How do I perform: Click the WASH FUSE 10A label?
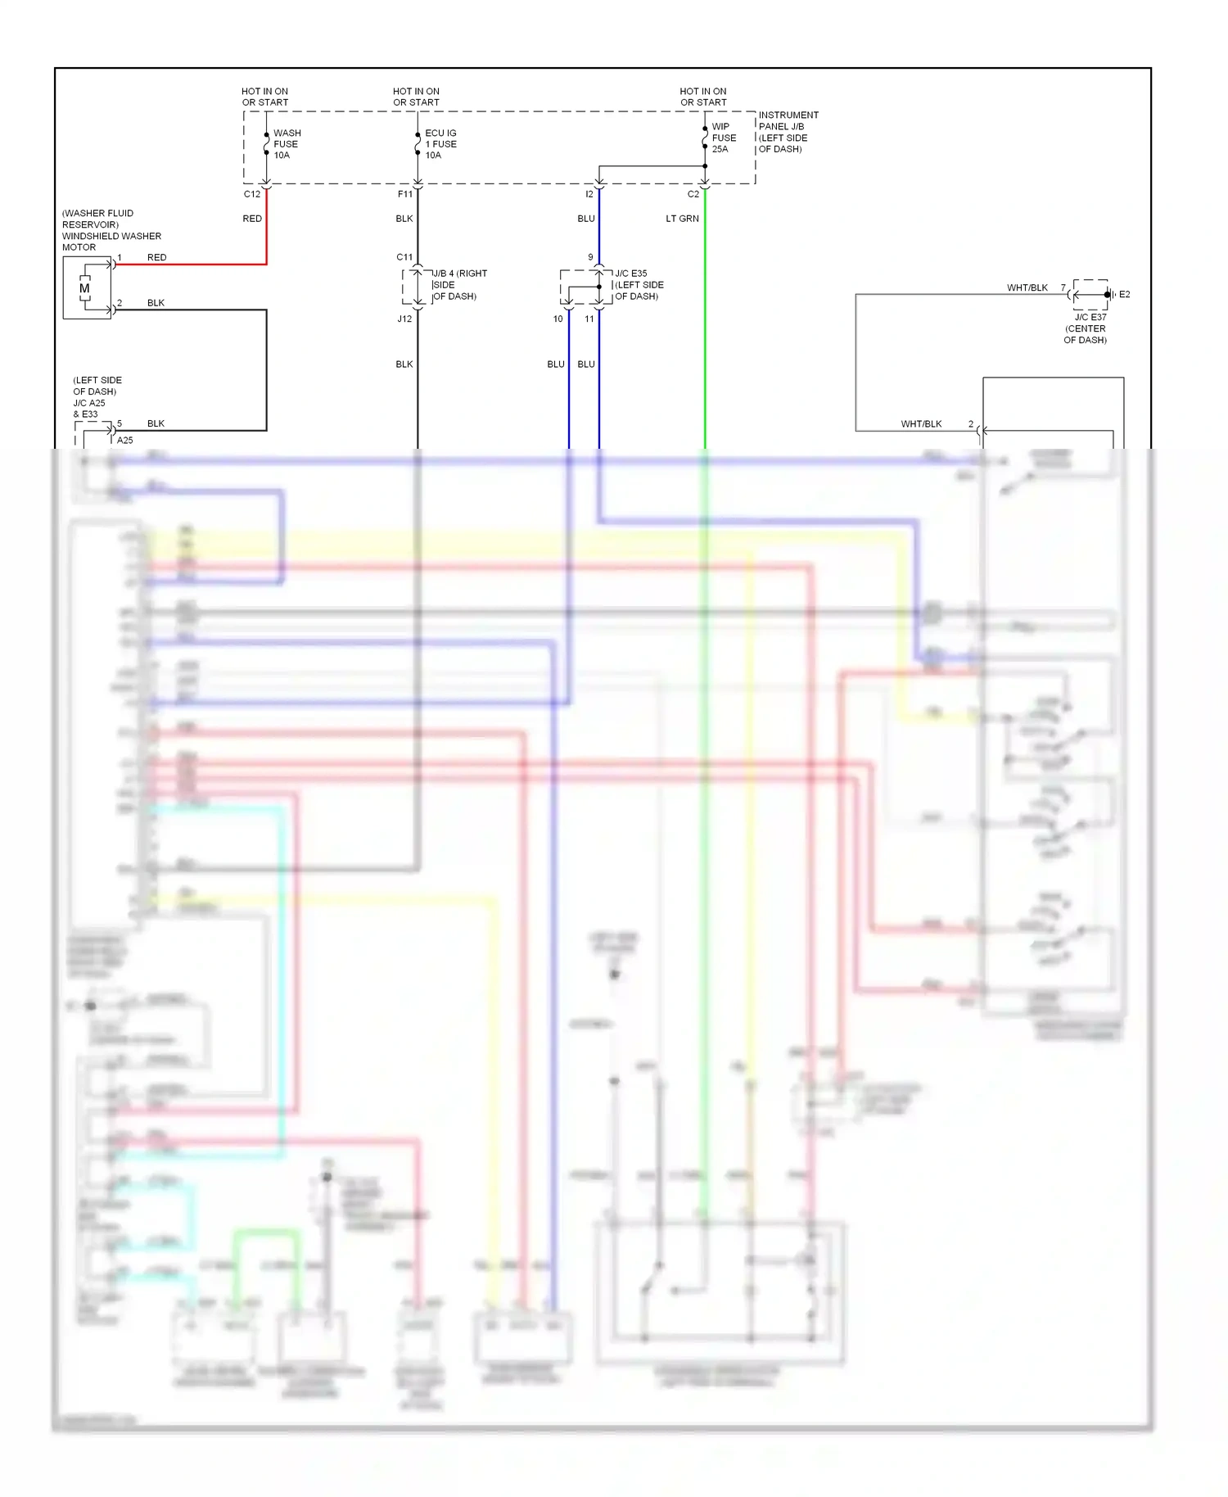(287, 144)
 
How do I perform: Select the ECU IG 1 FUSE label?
(440, 144)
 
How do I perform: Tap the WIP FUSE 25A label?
(723, 138)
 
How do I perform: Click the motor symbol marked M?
(84, 288)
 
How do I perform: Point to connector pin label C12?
(251, 194)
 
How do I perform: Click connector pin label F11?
(404, 194)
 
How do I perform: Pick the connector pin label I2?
(589, 194)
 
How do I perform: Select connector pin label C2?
(693, 194)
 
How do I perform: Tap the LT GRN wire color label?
(682, 219)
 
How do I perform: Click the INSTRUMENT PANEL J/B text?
(788, 120)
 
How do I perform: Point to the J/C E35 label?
(631, 274)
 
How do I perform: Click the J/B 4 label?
(447, 274)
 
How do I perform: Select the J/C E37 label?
(1090, 317)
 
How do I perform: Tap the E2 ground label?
(1124, 294)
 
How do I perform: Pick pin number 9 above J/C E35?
(590, 257)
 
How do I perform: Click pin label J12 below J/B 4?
(404, 319)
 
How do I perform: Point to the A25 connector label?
(124, 440)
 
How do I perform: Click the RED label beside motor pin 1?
(156, 257)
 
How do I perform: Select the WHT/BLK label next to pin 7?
(1027, 287)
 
